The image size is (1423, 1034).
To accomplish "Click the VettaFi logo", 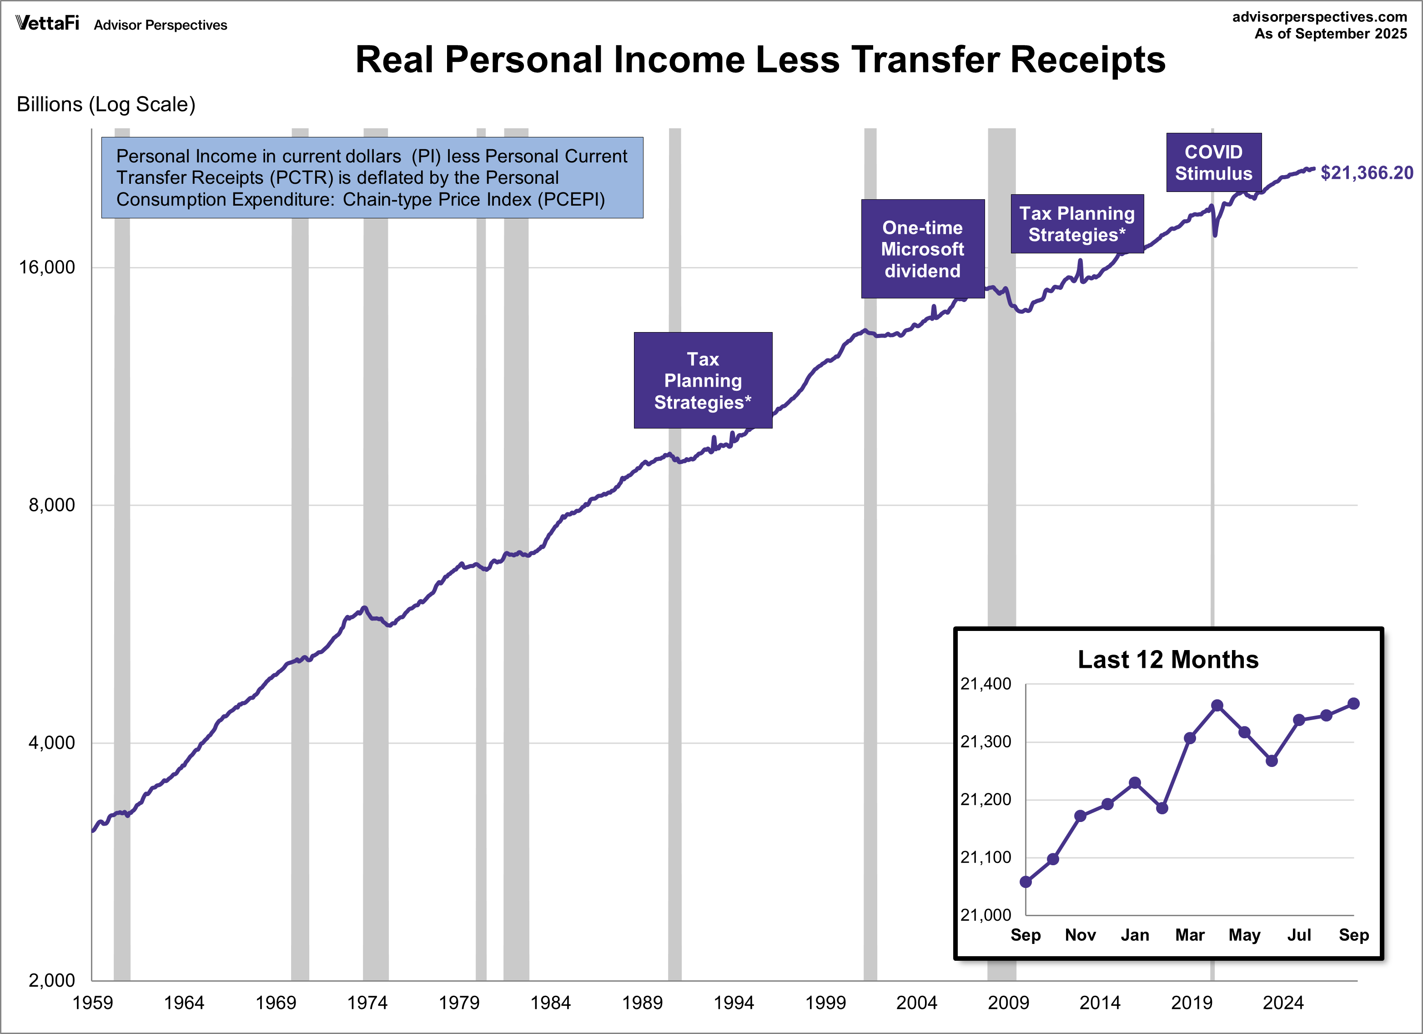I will click(47, 23).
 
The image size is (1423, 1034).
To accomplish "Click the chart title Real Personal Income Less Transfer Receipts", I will click(760, 60).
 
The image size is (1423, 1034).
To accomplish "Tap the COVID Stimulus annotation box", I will click(1213, 162).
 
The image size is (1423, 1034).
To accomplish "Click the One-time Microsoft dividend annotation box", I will click(922, 249).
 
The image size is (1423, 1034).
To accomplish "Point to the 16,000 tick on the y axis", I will click(46, 267).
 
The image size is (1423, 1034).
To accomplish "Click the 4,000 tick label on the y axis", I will click(51, 743).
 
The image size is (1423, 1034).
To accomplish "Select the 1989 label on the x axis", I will click(642, 1003).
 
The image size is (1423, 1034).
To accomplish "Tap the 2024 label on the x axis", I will click(1282, 1003).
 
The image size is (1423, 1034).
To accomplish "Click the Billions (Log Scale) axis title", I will click(106, 104).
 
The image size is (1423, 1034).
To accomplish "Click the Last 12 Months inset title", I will click(1167, 660).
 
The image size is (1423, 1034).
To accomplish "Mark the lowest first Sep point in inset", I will click(1026, 882).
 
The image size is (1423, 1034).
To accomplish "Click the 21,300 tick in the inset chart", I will click(986, 741).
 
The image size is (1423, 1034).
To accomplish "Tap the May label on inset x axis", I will click(1244, 935).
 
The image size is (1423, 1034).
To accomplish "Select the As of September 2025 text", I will click(1330, 34).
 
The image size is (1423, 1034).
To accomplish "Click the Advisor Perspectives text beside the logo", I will click(161, 25).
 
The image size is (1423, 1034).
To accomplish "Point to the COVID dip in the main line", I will click(1215, 233).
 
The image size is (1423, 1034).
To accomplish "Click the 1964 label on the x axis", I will click(184, 1003).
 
